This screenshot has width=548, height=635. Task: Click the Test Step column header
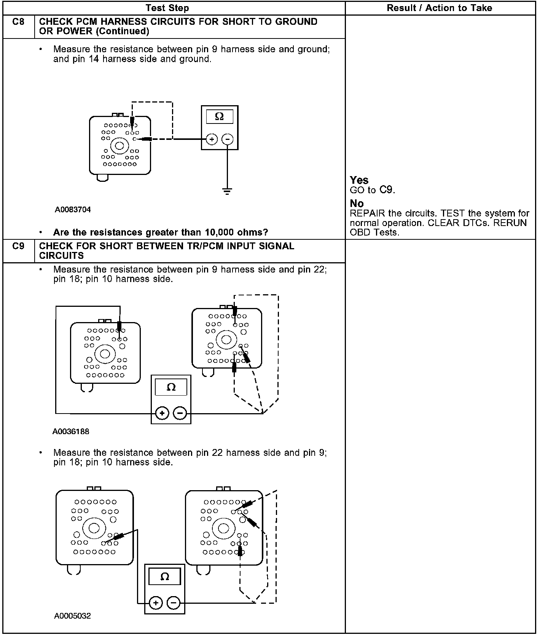click(167, 8)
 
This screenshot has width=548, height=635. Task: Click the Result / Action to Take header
click(439, 8)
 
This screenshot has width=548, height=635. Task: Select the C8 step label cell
click(18, 22)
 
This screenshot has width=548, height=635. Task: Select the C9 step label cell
click(18, 246)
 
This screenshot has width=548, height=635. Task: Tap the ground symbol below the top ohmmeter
click(227, 191)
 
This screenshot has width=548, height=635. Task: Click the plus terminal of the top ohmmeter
click(212, 140)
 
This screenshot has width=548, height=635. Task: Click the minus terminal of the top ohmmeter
click(227, 140)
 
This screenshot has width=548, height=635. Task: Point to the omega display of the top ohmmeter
click(220, 116)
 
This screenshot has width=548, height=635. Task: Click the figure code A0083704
click(73, 210)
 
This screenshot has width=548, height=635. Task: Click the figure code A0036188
click(71, 431)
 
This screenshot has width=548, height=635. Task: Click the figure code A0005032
click(73, 616)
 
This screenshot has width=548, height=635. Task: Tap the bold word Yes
click(359, 180)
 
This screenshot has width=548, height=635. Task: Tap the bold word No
click(357, 204)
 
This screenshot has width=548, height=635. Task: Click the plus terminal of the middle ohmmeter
click(162, 413)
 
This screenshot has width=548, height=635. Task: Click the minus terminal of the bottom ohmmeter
click(174, 603)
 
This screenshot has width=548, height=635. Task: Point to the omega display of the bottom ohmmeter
click(165, 577)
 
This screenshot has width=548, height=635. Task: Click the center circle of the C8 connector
click(119, 146)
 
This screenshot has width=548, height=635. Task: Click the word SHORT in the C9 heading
click(116, 246)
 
